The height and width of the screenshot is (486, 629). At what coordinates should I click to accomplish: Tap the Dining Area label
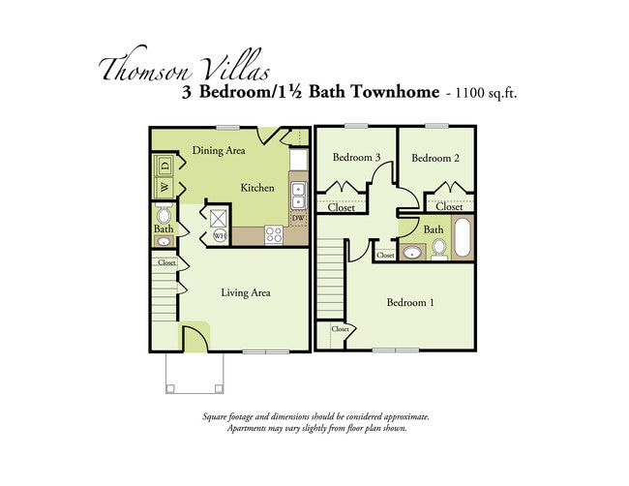click(x=218, y=150)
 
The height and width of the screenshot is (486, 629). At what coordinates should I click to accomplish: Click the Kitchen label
click(x=257, y=188)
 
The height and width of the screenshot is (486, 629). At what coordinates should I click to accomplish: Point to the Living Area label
click(x=245, y=292)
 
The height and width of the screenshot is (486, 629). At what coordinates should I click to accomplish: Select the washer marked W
click(x=164, y=186)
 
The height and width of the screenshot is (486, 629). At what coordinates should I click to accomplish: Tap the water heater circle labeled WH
click(x=220, y=235)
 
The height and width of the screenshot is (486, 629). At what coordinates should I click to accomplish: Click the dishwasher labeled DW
click(x=298, y=219)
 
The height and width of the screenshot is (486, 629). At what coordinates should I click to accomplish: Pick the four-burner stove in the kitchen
click(x=274, y=234)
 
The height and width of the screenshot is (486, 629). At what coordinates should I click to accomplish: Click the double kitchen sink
click(x=299, y=196)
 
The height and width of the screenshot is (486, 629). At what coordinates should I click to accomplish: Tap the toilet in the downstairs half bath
click(x=164, y=216)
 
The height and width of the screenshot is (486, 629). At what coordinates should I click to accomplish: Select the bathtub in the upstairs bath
click(x=463, y=239)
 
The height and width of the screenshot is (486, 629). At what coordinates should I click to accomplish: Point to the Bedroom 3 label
click(x=356, y=158)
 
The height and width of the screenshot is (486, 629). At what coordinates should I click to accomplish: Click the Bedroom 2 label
click(x=434, y=158)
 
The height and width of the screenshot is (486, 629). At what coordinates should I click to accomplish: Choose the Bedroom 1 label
click(x=410, y=303)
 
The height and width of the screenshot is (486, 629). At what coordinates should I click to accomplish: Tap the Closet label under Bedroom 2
click(x=449, y=206)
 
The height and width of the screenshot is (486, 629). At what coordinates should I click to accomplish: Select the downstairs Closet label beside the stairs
click(x=166, y=262)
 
